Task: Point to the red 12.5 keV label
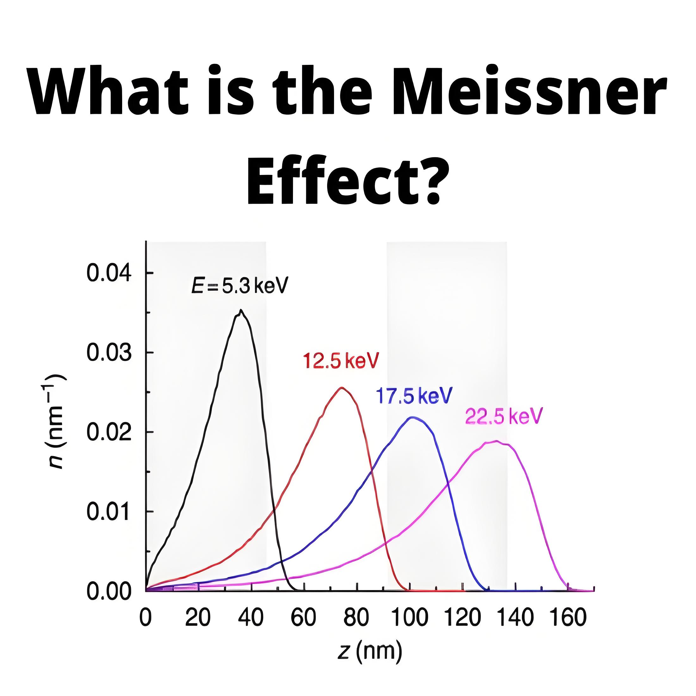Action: (x=341, y=361)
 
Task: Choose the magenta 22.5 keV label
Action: (x=504, y=416)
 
